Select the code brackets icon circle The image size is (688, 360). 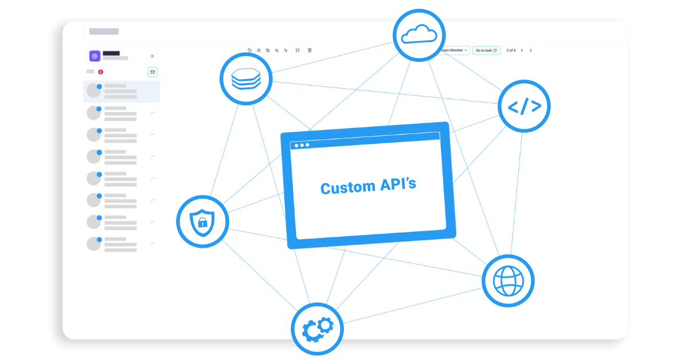[x=524, y=106]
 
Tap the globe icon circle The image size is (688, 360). [x=508, y=280]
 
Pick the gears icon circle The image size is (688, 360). [x=317, y=329]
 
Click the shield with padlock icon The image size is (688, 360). [x=202, y=221]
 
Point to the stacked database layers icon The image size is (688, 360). [x=246, y=79]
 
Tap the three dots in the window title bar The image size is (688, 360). [x=302, y=145]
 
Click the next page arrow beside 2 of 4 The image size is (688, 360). [x=531, y=50]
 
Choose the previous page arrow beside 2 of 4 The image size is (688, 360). [x=521, y=50]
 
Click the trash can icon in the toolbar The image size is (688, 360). [x=310, y=50]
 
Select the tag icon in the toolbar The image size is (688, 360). [x=250, y=50]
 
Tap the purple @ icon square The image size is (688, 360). [x=95, y=56]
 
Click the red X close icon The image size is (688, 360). [x=152, y=56]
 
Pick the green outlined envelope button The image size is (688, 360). [x=152, y=72]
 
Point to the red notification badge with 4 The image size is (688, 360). [x=100, y=72]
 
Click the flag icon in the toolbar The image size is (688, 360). [x=298, y=50]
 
